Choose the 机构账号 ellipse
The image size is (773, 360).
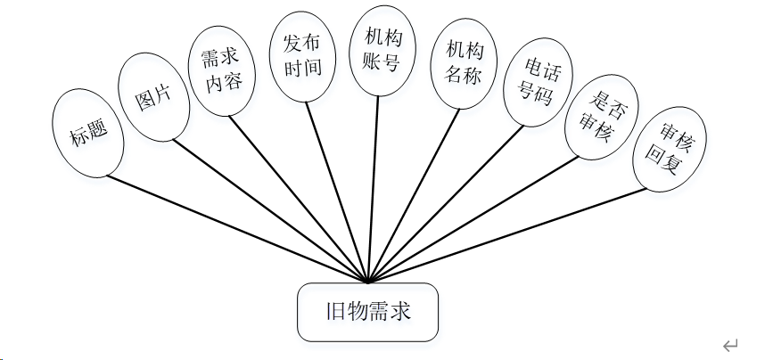click(x=381, y=50)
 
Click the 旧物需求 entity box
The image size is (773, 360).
click(x=367, y=313)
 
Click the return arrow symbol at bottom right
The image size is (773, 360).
click(x=730, y=345)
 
